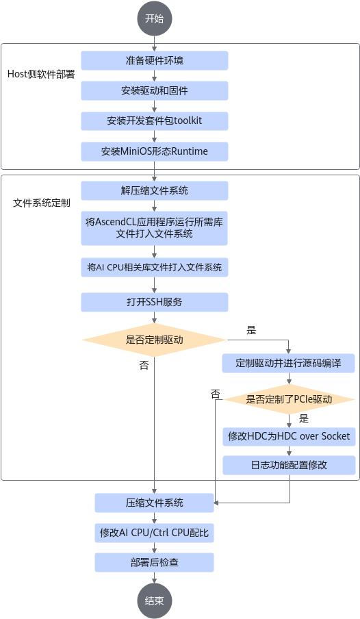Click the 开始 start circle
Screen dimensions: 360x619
click(x=155, y=18)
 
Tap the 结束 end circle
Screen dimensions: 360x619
click(x=155, y=601)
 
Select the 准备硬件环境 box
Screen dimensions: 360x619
click(x=155, y=60)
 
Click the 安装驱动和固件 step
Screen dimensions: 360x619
click(x=155, y=91)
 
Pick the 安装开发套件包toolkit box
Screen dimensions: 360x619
click(x=155, y=121)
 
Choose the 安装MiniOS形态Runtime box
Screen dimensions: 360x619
click(x=155, y=151)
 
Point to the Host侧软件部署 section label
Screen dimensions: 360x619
click(x=41, y=74)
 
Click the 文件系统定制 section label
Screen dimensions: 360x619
click(x=42, y=203)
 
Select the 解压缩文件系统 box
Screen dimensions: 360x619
click(x=155, y=190)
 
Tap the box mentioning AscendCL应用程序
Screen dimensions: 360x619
click(x=155, y=228)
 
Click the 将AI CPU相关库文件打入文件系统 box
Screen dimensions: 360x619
click(x=155, y=267)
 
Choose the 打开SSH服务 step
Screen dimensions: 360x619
click(x=155, y=303)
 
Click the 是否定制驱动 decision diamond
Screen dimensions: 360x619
click(x=155, y=340)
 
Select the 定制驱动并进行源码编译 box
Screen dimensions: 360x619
click(x=289, y=363)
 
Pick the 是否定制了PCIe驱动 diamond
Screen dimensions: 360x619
click(x=289, y=399)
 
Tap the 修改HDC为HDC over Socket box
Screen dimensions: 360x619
click(x=289, y=437)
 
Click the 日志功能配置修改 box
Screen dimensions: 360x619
click(x=289, y=465)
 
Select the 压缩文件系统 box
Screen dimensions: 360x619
click(x=155, y=503)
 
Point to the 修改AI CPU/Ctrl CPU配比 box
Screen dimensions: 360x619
click(x=155, y=533)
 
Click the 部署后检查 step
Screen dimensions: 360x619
click(x=155, y=563)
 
